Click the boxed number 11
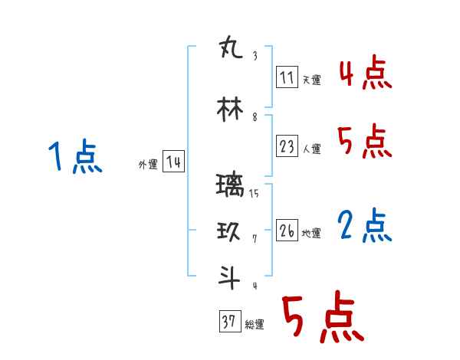tap(287, 77)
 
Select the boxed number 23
tap(287, 147)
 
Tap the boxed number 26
tap(287, 231)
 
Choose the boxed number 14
tap(173, 162)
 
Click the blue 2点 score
tap(364, 226)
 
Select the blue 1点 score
tap(74, 158)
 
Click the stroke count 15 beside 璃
tap(254, 194)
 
